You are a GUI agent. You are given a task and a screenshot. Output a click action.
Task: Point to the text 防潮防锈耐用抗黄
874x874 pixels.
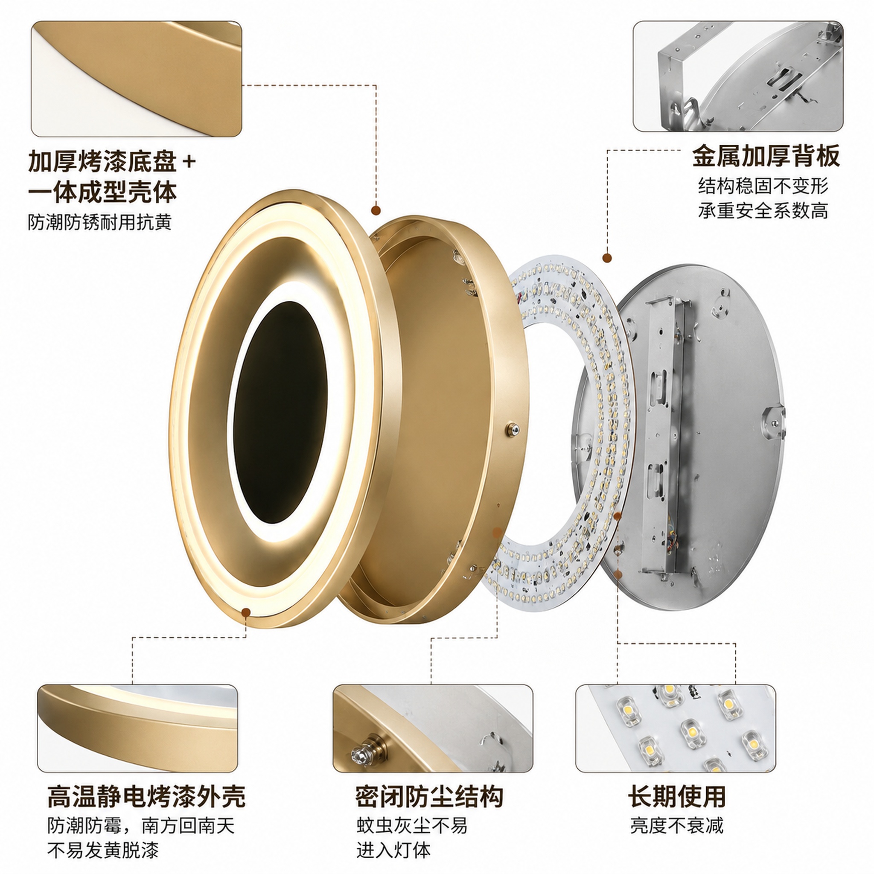coord(100,222)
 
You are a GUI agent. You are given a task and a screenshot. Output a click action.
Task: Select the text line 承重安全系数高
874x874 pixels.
coord(763,211)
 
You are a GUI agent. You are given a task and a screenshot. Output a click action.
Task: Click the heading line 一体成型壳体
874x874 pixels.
coord(102,192)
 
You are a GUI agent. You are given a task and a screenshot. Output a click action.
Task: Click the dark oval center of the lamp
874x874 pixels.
coord(280,413)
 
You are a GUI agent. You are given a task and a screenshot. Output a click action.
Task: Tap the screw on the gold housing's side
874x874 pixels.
coord(512,429)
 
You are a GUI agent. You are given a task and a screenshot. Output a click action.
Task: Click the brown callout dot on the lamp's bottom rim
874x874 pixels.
coord(246,612)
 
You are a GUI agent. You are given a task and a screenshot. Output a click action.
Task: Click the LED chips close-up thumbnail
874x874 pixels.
coord(676,722)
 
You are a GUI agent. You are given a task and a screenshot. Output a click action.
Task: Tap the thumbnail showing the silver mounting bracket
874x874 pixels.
coord(738,76)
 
